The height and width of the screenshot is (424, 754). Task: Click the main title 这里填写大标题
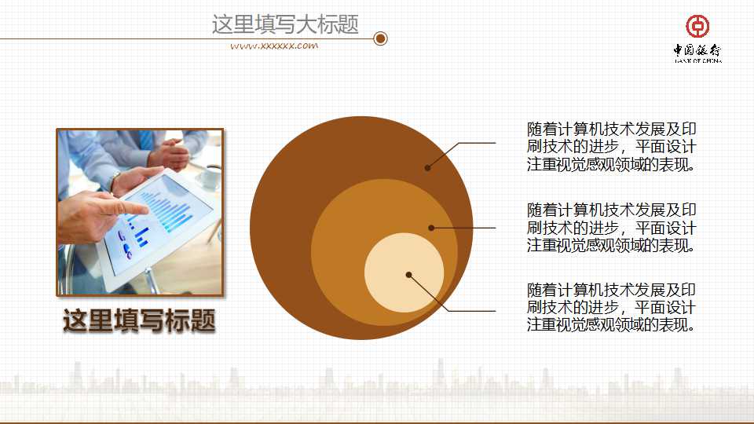285,24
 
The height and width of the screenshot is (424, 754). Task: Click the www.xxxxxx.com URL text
274,46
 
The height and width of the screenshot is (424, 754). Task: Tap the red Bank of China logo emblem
697,26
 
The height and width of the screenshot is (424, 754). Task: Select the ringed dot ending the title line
381,38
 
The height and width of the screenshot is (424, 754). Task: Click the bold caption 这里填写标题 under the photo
139,320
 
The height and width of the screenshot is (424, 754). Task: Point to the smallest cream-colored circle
404,273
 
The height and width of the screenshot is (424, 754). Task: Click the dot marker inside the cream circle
409,275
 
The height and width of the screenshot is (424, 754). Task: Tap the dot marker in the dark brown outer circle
428,167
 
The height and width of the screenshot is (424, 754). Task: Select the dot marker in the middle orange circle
431,228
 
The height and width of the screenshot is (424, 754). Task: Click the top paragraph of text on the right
612,146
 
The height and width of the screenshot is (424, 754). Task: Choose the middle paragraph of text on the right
612,228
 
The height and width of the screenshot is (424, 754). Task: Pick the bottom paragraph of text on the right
612,307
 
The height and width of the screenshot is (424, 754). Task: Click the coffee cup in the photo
208,178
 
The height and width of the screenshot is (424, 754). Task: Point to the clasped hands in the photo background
168,152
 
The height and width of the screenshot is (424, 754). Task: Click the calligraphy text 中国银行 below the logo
697,51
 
